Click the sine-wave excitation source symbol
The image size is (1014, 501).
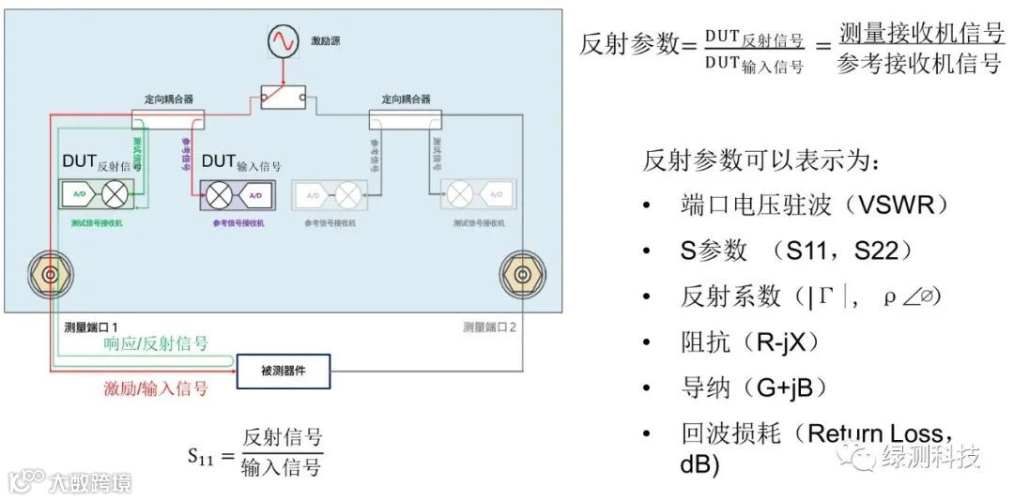coord(283,42)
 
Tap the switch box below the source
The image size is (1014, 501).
coord(283,98)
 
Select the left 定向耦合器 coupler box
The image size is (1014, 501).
coord(168,117)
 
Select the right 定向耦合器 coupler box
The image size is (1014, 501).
coord(406,117)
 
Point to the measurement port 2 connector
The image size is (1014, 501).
coord(517,274)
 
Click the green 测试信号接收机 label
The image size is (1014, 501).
coord(96,224)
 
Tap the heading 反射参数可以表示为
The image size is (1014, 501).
coord(761,160)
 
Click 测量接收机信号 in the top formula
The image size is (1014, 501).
coord(921,34)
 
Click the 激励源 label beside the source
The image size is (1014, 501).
coord(325,42)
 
